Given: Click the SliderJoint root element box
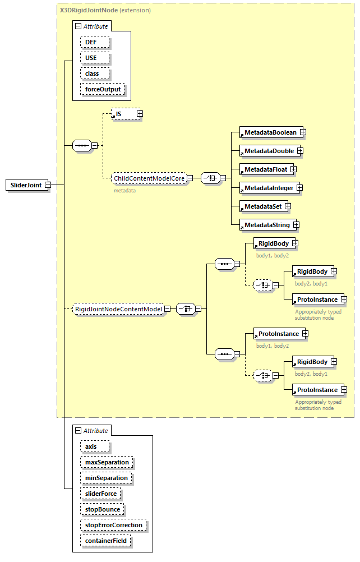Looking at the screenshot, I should click(x=26, y=185).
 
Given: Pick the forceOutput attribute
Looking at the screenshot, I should click(x=103, y=89).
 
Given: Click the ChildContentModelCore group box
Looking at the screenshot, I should click(x=149, y=178).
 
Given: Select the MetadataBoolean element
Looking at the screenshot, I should click(x=270, y=132).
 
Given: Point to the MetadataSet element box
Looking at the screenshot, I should click(x=262, y=206).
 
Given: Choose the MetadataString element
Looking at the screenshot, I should click(x=266, y=225).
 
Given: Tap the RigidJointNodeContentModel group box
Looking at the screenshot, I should click(x=118, y=309).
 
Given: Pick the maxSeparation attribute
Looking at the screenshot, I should click(x=107, y=462).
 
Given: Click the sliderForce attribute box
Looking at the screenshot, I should click(x=100, y=494).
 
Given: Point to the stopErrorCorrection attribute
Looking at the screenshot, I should click(x=114, y=525).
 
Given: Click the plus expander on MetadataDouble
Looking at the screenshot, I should click(x=300, y=151).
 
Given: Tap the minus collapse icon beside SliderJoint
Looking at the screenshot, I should click(x=48, y=185).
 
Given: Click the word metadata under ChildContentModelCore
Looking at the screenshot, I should click(x=124, y=190).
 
